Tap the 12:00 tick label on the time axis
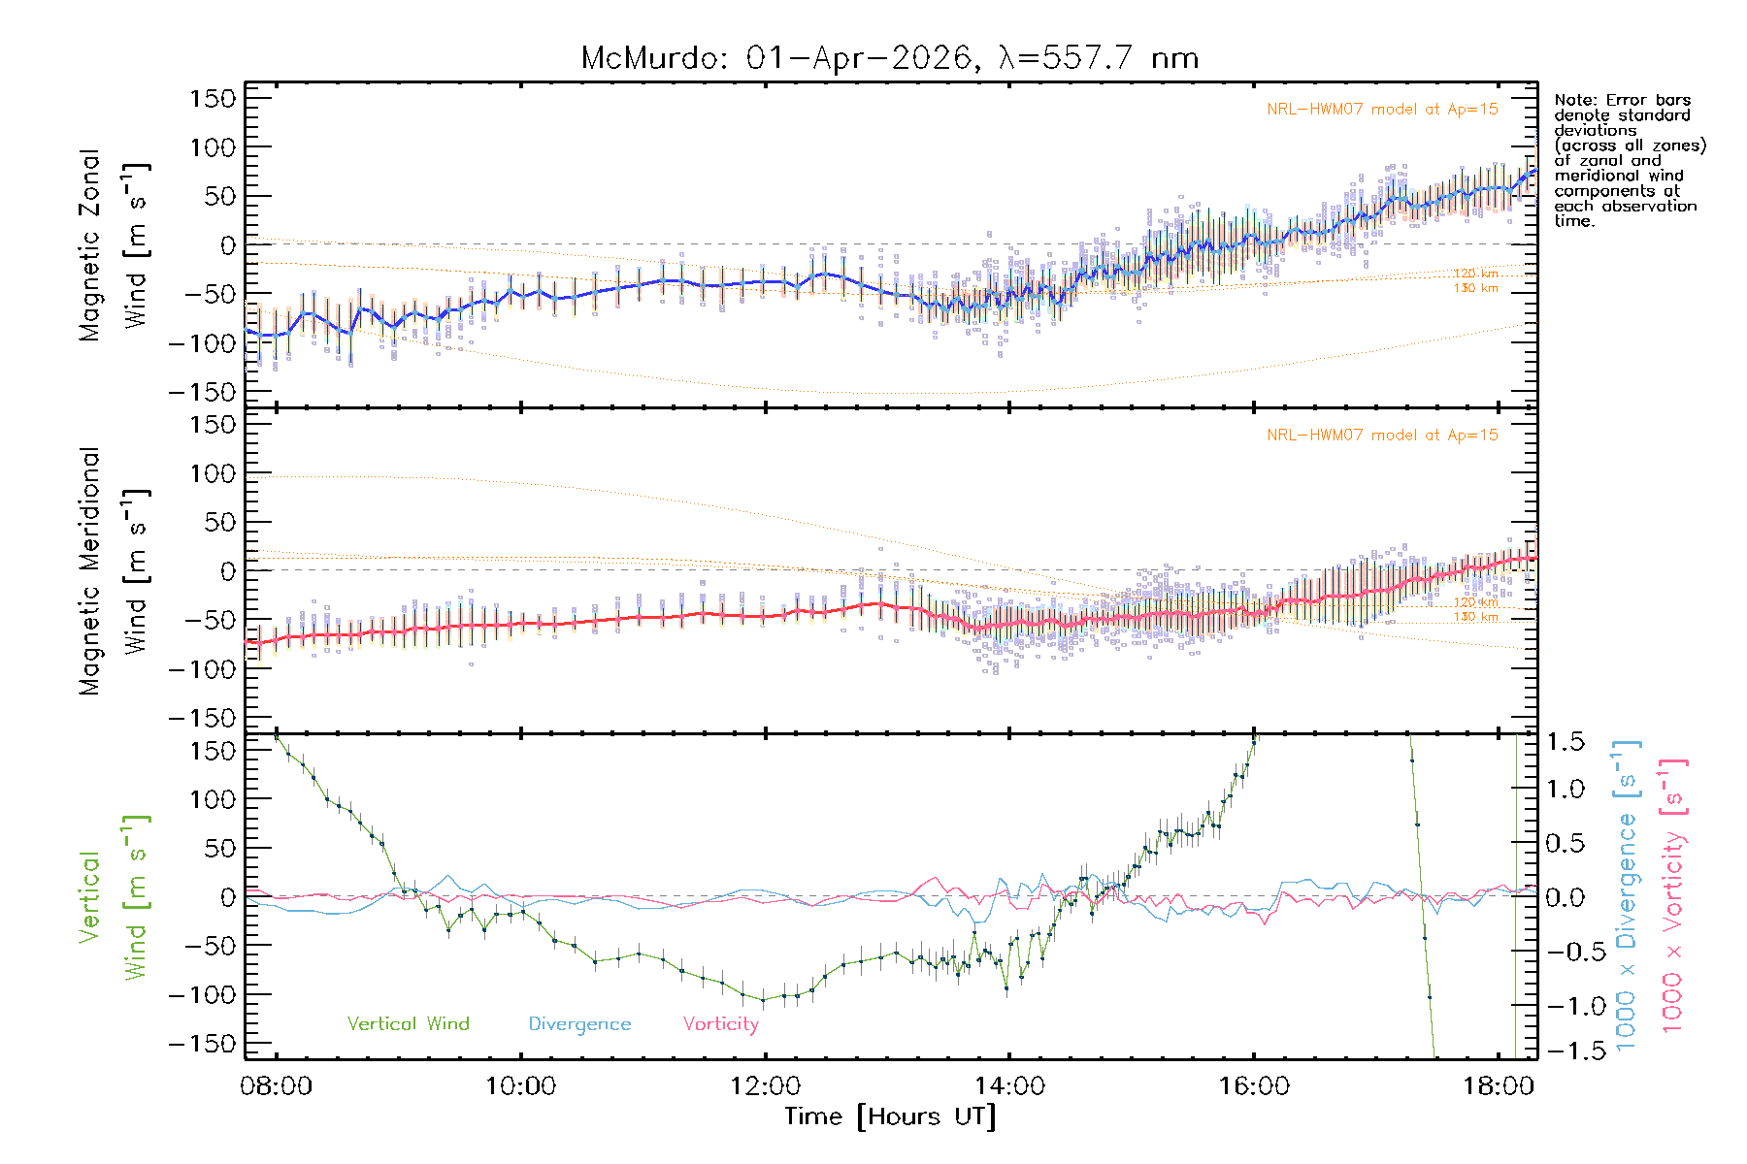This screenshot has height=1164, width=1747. [765, 1085]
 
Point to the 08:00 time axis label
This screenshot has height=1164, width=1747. [277, 1085]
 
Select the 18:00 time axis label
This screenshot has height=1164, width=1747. [1499, 1085]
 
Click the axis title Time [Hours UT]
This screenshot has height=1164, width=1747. [890, 1116]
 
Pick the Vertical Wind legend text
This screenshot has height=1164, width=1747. [408, 1023]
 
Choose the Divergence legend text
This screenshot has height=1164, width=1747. [579, 1023]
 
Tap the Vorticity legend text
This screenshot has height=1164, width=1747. [720, 1023]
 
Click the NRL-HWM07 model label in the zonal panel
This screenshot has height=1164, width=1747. [1382, 110]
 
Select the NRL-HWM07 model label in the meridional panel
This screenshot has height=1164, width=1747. [1382, 436]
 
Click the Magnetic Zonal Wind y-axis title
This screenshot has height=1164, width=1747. [115, 245]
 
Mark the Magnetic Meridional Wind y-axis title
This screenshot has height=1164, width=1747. [115, 571]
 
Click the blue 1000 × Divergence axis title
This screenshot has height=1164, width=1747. [1627, 895]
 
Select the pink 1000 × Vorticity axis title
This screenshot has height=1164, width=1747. [1673, 895]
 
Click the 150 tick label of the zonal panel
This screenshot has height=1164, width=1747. [213, 98]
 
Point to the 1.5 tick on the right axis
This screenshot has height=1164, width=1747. [1565, 741]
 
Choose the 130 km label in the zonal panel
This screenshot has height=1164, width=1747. [1475, 288]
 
